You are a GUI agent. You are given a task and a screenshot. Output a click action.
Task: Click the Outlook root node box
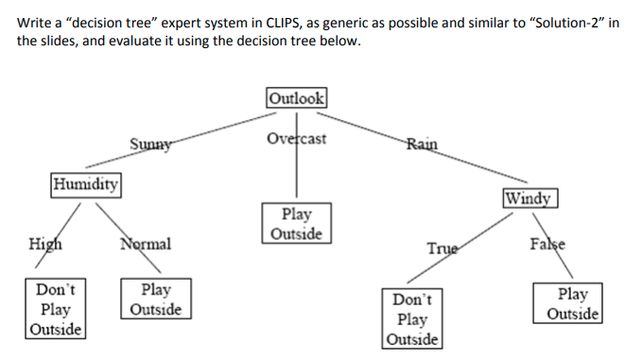click(x=297, y=96)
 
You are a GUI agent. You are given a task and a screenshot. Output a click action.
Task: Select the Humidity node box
click(x=86, y=182)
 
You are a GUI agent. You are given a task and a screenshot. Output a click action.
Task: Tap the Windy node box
click(x=530, y=198)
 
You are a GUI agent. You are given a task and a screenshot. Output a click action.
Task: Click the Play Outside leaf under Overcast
click(x=297, y=223)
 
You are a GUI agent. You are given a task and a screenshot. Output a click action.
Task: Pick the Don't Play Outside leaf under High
click(x=56, y=308)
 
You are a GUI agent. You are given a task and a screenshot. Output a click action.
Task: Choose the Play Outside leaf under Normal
click(x=156, y=299)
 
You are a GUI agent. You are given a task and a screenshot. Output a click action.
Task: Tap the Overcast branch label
click(x=297, y=139)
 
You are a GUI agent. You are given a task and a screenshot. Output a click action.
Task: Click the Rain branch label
click(x=422, y=144)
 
